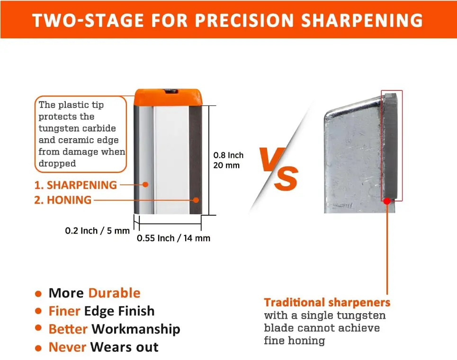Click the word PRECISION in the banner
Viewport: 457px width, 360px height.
[244, 20]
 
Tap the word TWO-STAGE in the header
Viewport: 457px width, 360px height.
[88, 20]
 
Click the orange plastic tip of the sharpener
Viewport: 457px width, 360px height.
[168, 97]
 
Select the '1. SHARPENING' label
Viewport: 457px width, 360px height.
[75, 185]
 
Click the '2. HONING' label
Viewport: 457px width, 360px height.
[63, 200]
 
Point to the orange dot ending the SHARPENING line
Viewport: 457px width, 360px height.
[145, 184]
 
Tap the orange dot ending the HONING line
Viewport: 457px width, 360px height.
[196, 200]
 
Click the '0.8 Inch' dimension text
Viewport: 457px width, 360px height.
[228, 155]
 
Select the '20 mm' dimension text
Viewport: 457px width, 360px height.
[226, 165]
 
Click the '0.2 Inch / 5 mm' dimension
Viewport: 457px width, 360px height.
[98, 231]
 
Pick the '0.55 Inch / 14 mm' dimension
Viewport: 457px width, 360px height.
[173, 238]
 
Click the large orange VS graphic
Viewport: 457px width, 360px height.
[278, 168]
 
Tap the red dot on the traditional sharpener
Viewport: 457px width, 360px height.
[387, 201]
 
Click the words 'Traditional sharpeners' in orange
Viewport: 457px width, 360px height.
[327, 302]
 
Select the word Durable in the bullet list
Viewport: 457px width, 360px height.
[115, 293]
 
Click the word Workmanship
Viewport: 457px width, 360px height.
[136, 329]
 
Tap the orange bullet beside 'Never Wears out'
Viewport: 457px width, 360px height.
[38, 348]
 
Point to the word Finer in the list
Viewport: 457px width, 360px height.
[64, 311]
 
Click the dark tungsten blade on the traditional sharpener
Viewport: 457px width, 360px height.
[391, 146]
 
